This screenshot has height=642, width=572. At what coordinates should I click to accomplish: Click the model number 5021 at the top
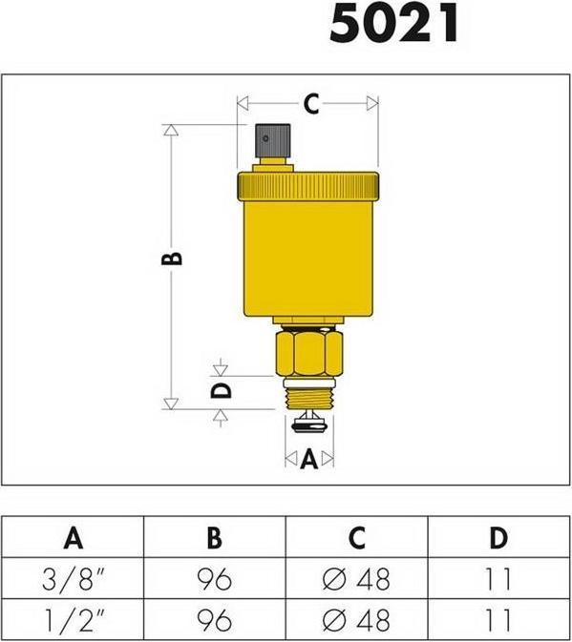click(394, 25)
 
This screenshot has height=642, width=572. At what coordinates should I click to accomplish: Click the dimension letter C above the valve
click(310, 104)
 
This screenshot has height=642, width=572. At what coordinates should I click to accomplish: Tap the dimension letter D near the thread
click(220, 390)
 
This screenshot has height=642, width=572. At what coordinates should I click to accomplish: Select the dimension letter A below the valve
click(308, 460)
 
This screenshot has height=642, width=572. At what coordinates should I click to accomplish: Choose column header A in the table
click(73, 537)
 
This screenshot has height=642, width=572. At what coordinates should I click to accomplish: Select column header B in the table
click(214, 537)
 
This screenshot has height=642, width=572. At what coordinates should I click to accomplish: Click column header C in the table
click(356, 537)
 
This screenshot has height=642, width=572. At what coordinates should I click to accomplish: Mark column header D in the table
click(498, 537)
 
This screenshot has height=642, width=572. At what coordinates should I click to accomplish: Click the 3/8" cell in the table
click(73, 578)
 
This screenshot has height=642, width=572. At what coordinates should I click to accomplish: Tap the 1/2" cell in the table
click(73, 620)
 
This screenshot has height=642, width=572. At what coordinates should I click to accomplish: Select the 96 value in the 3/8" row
click(214, 578)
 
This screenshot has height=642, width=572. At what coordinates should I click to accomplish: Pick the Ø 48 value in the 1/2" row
click(356, 620)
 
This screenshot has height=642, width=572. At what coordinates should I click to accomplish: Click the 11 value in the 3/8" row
click(498, 578)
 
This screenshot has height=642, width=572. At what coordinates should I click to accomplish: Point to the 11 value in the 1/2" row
click(498, 620)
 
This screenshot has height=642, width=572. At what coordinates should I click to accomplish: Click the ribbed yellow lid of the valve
click(307, 183)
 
